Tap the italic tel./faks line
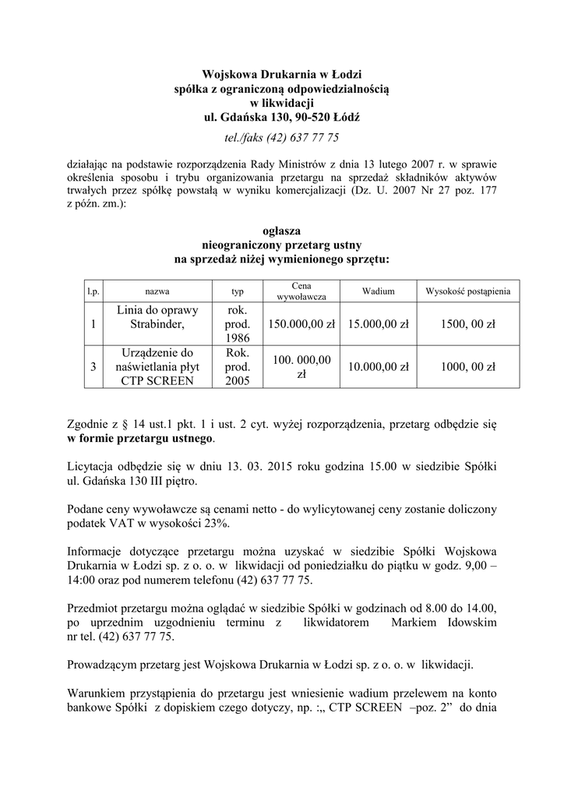281,138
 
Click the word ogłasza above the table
281,231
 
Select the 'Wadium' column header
378,291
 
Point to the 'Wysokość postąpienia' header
467,291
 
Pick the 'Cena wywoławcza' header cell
301,291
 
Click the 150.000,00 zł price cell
301,323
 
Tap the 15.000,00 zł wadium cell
378,323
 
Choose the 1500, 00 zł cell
467,323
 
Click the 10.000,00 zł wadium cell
378,367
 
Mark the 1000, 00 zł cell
467,367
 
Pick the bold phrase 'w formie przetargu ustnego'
140,439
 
